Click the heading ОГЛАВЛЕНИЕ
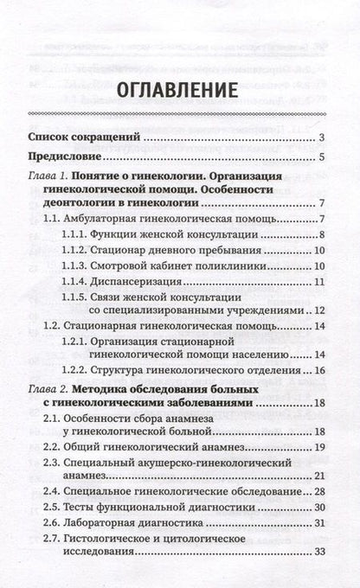[180, 88]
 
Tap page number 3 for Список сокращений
[320, 137]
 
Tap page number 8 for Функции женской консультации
[320, 235]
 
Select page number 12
[318, 310]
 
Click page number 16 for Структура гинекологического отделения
[318, 370]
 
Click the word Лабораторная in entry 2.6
[103, 523]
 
